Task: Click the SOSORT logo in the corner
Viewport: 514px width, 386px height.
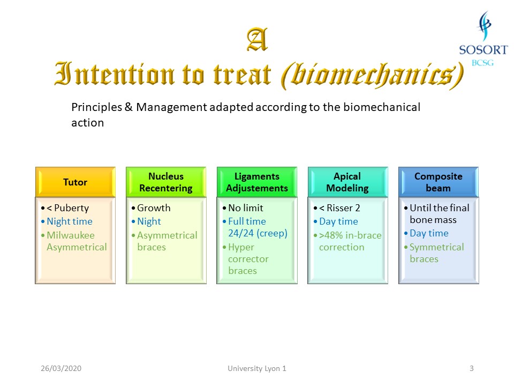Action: (483, 39)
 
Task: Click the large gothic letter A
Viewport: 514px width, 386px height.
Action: (258, 39)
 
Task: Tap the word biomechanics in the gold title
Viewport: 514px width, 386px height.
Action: (372, 76)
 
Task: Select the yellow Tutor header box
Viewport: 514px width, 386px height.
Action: (75, 182)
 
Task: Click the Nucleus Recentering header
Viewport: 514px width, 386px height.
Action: (166, 182)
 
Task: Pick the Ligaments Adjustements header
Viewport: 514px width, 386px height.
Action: (257, 182)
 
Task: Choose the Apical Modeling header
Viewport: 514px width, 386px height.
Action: (348, 182)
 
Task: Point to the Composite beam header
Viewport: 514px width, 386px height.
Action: (439, 182)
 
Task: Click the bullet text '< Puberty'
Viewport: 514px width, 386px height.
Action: (68, 208)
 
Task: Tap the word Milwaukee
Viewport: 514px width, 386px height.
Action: (71, 235)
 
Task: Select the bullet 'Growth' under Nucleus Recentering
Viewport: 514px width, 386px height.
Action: (154, 208)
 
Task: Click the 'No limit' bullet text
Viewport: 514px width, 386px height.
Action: (246, 208)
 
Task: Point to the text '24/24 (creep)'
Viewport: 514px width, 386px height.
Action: (258, 233)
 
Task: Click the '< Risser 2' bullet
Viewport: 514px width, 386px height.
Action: (339, 208)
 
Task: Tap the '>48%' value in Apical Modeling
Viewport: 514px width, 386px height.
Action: (331, 235)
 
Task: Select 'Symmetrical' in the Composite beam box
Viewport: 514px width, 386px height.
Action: (437, 247)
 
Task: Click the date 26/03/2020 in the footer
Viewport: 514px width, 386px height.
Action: (61, 368)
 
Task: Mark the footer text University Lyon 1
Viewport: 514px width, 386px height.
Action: (257, 368)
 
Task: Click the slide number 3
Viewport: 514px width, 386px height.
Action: (471, 368)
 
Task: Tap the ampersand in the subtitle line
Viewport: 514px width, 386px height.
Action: (128, 107)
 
